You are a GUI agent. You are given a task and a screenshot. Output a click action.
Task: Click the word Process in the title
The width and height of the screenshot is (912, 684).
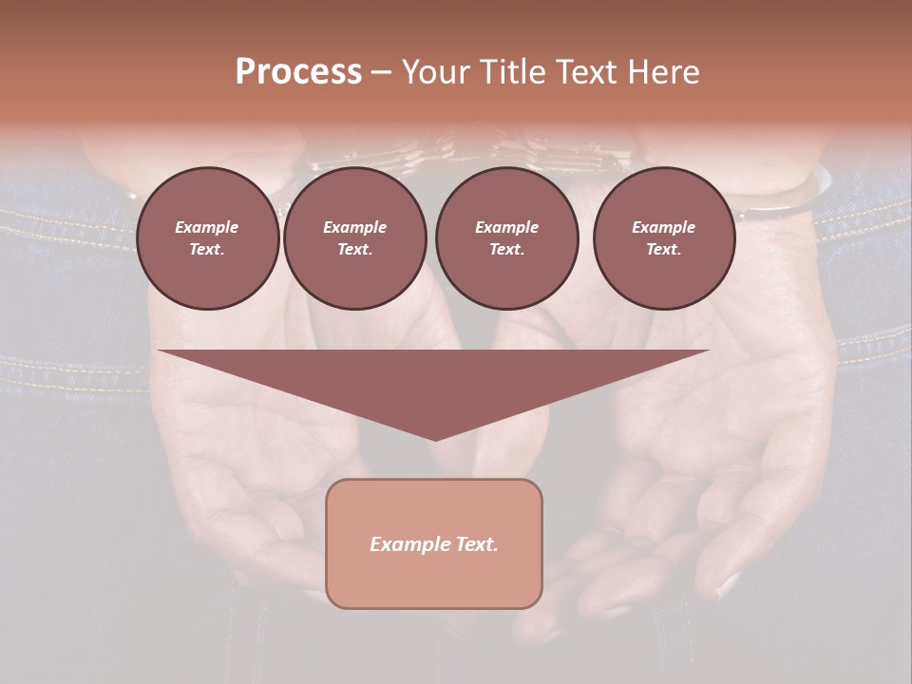[x=298, y=72]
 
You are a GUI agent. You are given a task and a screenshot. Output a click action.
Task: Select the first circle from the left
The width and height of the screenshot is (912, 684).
[x=207, y=237]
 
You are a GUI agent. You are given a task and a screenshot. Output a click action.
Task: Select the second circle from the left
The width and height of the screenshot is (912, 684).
[x=354, y=237]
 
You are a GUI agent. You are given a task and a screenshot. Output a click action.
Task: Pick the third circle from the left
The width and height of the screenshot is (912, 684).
[x=506, y=237]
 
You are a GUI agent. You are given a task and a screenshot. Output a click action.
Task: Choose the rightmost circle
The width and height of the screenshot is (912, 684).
[x=663, y=237]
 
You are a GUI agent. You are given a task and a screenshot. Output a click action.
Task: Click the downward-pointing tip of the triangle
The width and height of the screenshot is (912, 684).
[x=435, y=437]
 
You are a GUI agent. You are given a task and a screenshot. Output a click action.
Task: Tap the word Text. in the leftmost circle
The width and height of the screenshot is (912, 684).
[x=207, y=250]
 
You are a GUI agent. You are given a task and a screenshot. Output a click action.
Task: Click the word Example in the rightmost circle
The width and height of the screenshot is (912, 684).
[x=663, y=227]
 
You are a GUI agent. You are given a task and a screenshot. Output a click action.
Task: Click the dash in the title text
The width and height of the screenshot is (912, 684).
[x=381, y=72]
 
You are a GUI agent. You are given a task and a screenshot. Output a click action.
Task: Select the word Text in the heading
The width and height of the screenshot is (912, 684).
[x=586, y=72]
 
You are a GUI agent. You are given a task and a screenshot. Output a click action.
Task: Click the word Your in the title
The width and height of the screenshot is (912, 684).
[x=438, y=72]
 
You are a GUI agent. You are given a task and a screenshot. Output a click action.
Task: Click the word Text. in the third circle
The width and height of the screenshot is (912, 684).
[x=506, y=250]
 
